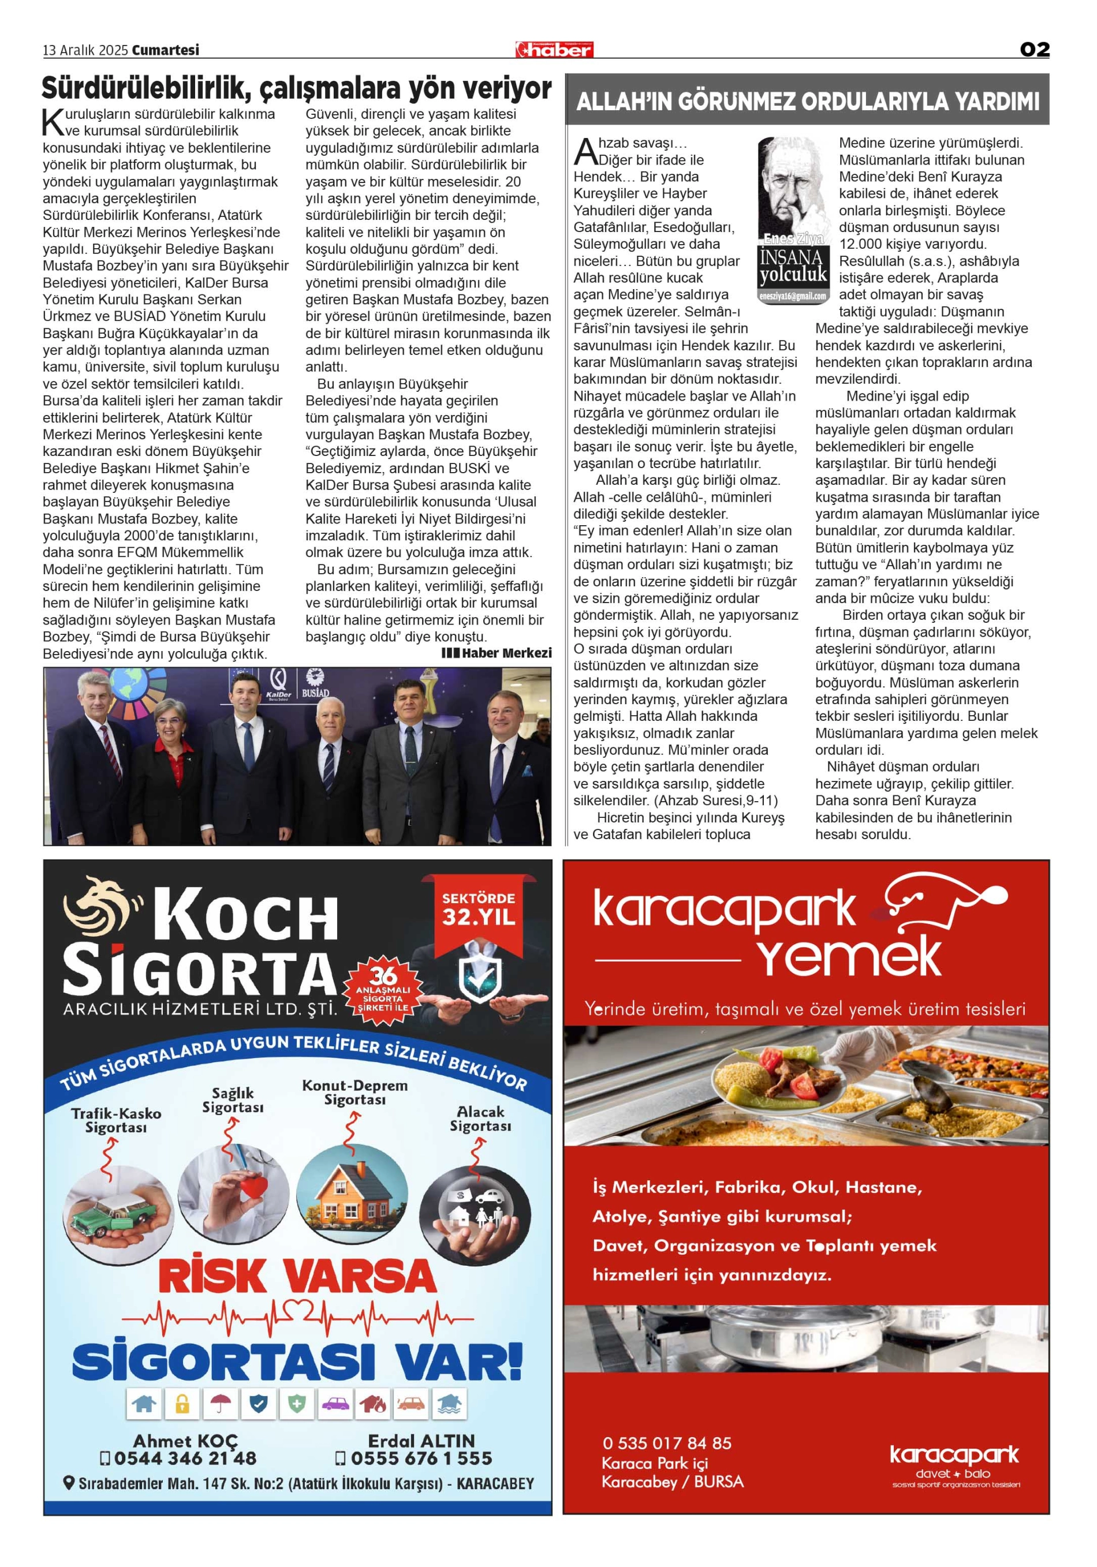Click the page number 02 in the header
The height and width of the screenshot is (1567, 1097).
(x=1033, y=49)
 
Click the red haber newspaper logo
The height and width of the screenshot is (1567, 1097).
(x=554, y=49)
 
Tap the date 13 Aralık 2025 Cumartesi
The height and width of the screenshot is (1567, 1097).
(x=121, y=50)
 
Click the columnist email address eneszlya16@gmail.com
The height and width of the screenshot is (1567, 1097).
(x=793, y=296)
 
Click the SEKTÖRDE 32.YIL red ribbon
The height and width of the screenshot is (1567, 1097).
(x=478, y=910)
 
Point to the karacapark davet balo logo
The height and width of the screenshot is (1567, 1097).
(x=954, y=1465)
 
